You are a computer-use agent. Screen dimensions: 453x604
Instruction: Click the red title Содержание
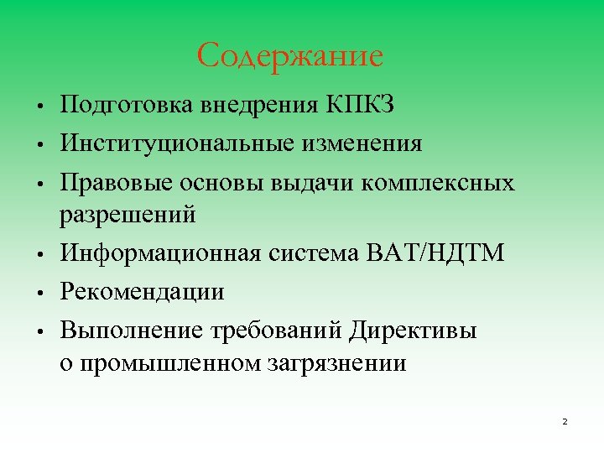[290, 56]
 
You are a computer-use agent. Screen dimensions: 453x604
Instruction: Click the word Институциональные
[169, 144]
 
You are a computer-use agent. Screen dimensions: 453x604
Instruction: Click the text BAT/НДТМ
[436, 253]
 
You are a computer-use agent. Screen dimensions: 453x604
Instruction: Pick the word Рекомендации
[142, 291]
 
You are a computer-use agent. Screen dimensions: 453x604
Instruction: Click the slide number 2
[565, 420]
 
